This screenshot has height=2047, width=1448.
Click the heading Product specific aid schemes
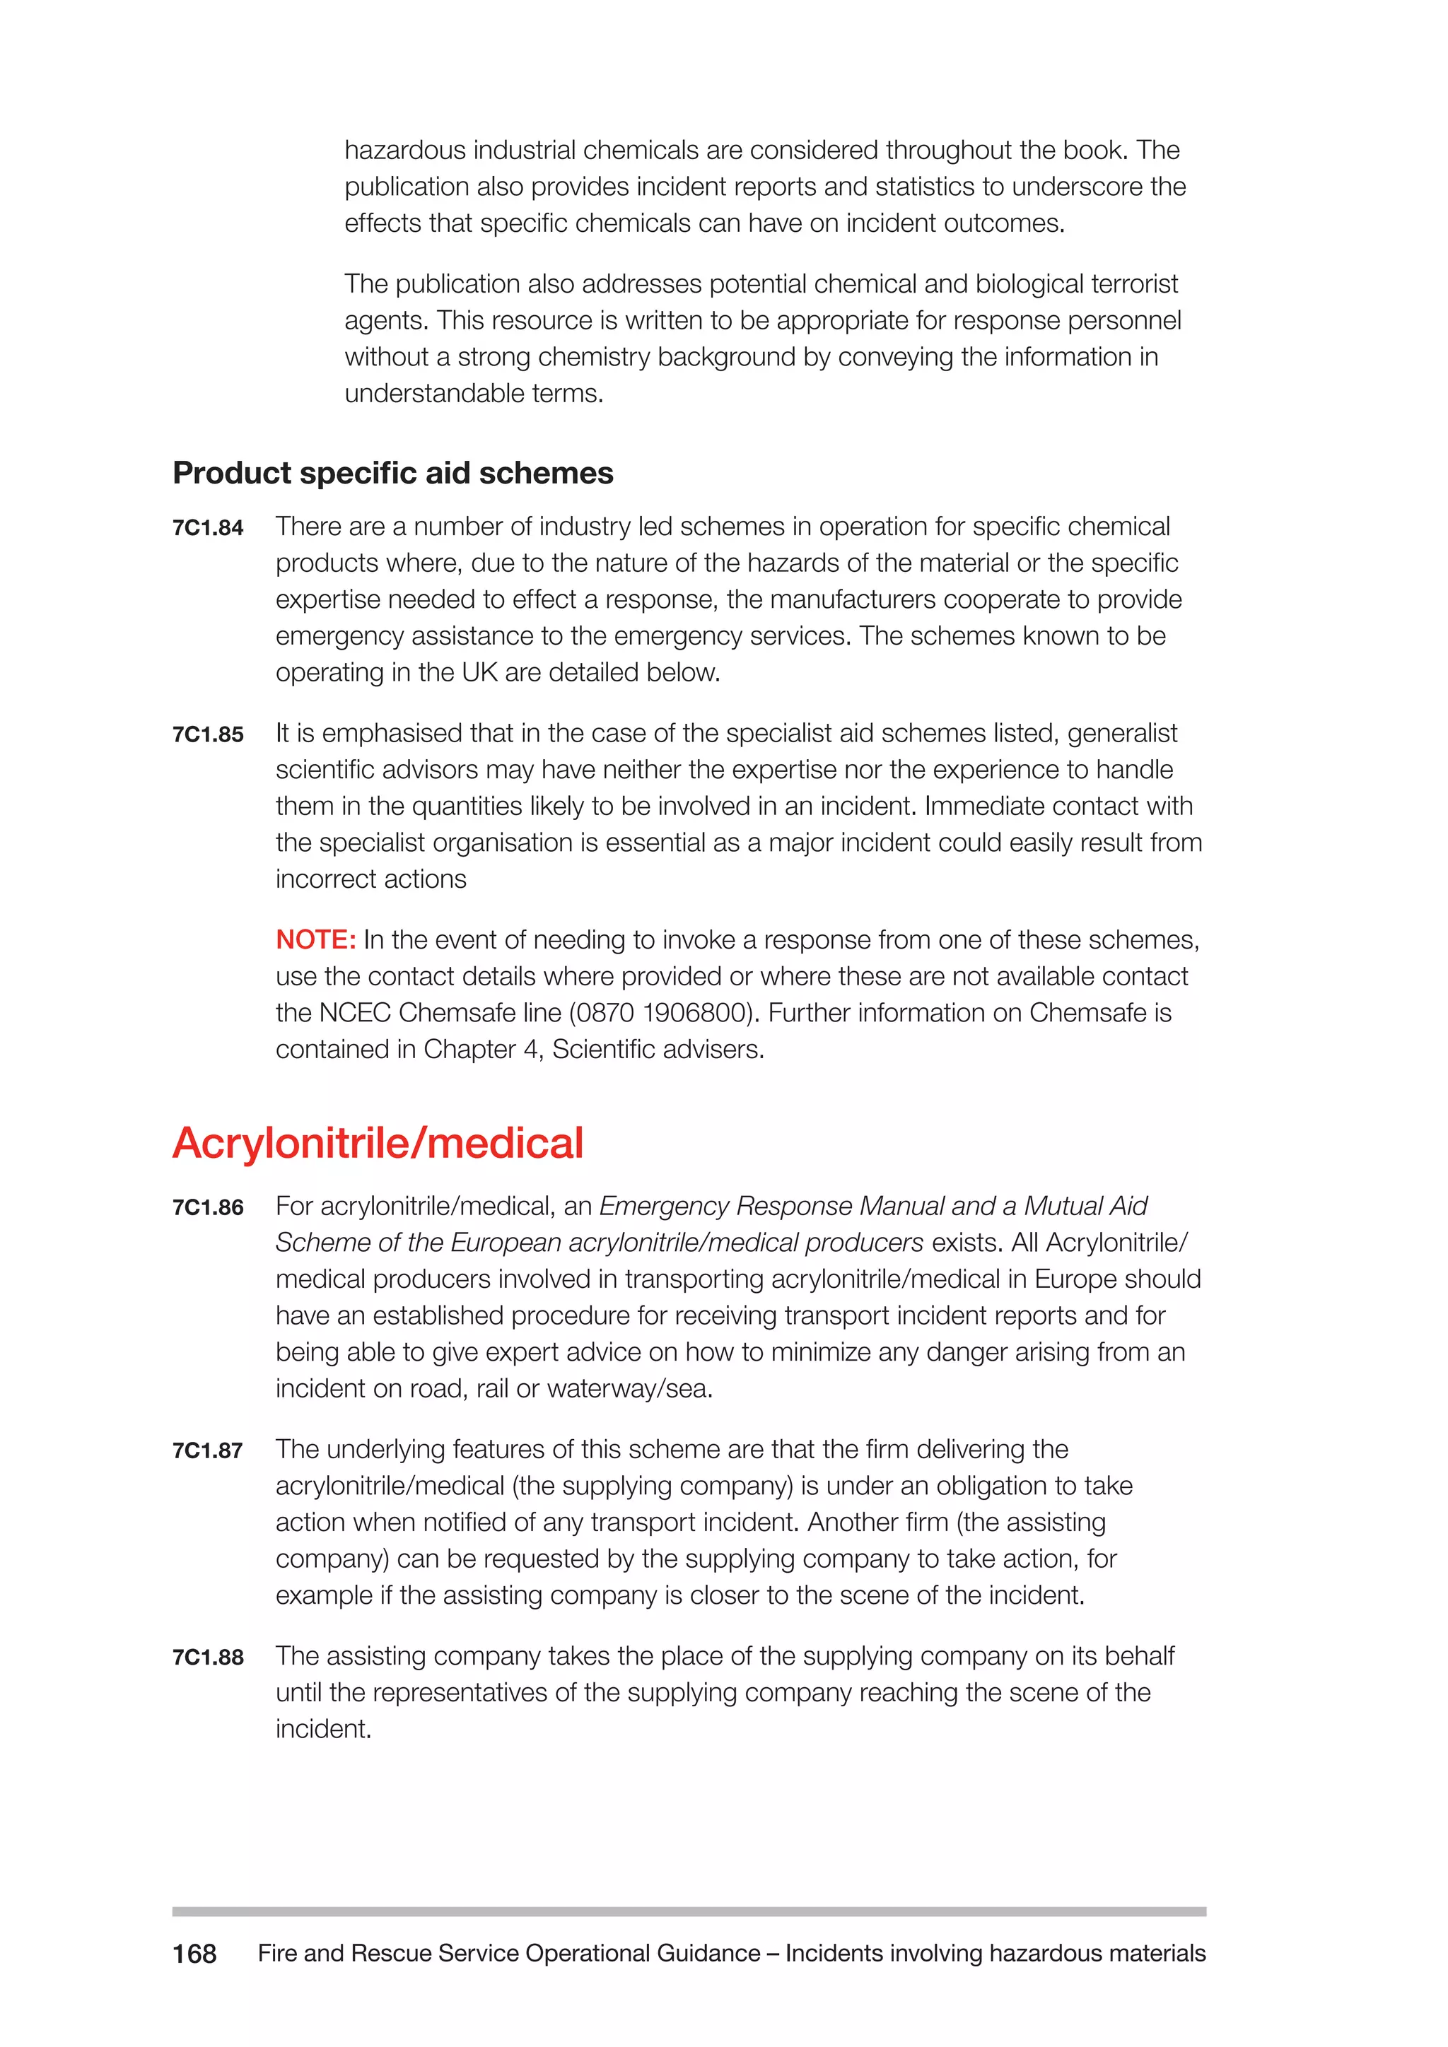392,473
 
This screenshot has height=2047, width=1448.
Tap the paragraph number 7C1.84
208,528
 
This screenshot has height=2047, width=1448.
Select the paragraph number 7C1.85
208,734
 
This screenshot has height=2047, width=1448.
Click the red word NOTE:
315,939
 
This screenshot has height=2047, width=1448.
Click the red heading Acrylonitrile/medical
378,1143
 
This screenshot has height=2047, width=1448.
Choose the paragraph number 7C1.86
208,1207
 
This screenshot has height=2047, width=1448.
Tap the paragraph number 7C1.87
208,1450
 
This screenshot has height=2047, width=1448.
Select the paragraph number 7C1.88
208,1658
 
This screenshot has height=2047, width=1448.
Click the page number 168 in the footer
194,1954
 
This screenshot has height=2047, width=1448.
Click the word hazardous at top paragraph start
405,150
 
